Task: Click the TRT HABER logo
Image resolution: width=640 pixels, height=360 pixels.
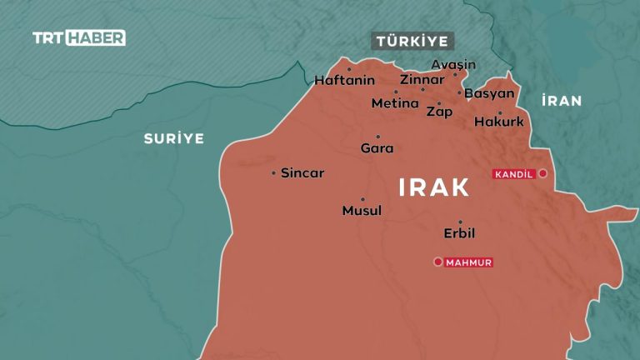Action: [79, 37]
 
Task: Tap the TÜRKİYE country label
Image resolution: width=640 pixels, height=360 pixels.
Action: [412, 42]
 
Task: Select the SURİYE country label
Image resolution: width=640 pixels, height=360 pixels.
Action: [172, 138]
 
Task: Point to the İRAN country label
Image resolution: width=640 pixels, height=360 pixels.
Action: [561, 101]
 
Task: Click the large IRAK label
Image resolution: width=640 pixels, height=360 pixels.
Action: [434, 187]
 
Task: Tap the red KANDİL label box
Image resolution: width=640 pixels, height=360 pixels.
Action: [513, 174]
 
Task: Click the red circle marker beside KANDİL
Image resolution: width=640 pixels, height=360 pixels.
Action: [542, 173]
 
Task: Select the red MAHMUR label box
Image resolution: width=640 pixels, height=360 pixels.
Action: [469, 262]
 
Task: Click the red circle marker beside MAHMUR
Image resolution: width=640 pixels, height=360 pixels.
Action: [437, 262]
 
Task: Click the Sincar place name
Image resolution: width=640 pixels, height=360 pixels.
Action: [302, 173]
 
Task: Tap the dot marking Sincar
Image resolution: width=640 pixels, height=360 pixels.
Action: [273, 173]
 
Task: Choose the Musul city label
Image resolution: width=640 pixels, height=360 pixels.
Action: [362, 211]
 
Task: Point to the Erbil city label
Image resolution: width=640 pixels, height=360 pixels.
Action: [459, 233]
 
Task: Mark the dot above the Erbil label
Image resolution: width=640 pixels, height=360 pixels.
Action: [460, 222]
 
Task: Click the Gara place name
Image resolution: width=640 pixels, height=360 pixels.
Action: [377, 148]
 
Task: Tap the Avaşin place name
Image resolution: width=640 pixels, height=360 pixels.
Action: [453, 64]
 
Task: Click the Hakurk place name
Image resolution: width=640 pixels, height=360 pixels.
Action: [498, 122]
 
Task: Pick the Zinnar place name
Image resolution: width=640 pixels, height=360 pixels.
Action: [422, 80]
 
